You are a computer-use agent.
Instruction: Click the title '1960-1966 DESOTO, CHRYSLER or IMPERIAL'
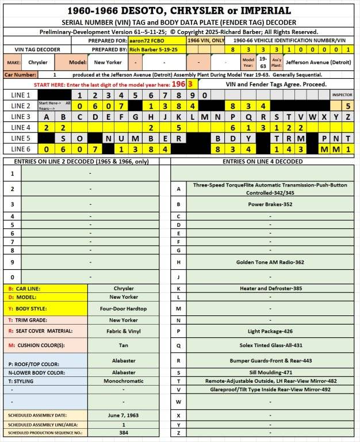[179, 10]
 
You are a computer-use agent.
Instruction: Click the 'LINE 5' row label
[21, 138]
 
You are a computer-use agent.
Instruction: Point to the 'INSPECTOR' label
[342, 94]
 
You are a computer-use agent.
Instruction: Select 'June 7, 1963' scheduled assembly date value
[124, 414]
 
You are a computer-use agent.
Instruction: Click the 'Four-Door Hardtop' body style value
[124, 308]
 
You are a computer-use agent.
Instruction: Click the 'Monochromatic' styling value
[124, 381]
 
